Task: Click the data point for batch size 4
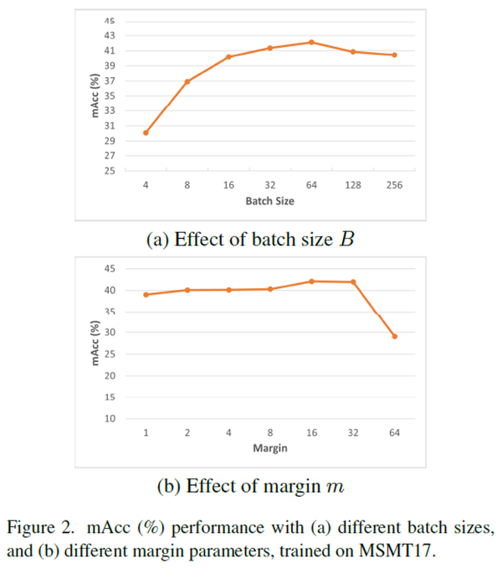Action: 146,132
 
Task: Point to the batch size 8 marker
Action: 187,81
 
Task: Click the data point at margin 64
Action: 394,336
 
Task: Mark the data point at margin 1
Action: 146,294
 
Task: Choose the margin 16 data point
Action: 311,281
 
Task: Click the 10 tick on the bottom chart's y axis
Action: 110,418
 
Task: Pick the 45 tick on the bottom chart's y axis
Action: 110,269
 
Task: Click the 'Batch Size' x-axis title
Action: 269,202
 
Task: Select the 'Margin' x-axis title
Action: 269,448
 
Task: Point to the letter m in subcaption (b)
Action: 335,487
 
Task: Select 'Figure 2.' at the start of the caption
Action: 37,527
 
